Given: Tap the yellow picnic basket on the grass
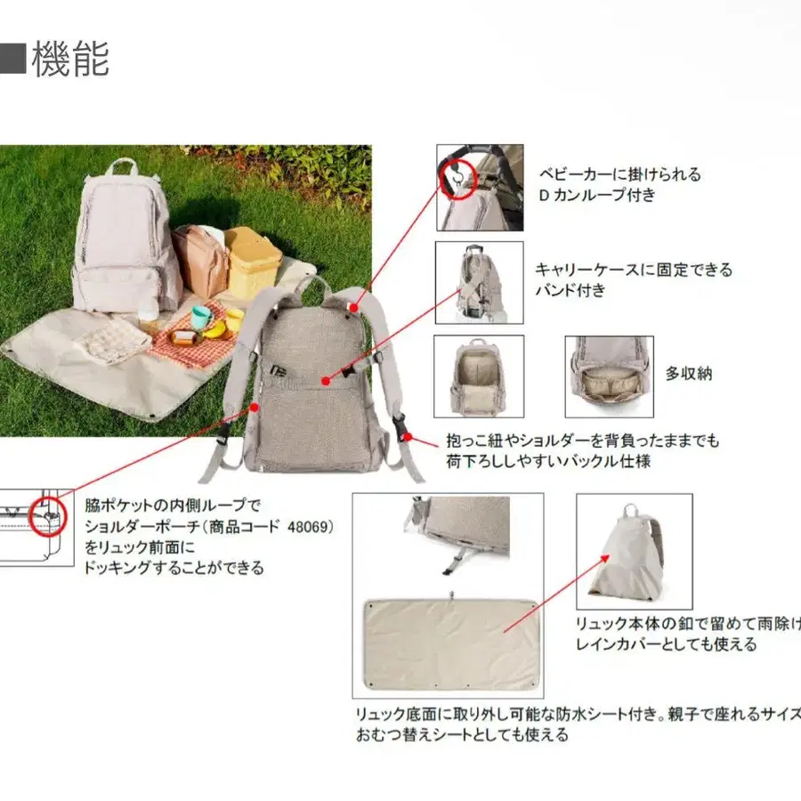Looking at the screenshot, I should point(253,261).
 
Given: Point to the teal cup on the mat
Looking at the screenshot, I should point(201,317).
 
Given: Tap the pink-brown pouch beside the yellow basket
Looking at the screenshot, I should point(199,260).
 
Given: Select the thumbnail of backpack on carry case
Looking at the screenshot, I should point(479,282).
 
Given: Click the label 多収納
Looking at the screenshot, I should point(689,373).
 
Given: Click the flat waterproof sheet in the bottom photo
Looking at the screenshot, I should point(452,643).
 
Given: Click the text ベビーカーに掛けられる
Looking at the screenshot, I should point(620,174).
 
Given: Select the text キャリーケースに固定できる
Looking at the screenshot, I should point(633,270).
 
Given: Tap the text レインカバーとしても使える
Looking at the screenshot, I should point(667,643).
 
